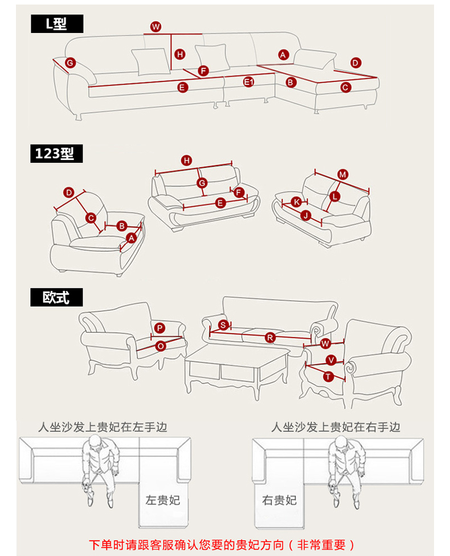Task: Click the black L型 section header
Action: click(x=57, y=24)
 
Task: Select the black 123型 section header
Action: click(x=57, y=154)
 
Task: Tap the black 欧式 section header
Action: click(x=57, y=297)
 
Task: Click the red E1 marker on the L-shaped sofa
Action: click(x=248, y=82)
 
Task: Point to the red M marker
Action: click(x=343, y=175)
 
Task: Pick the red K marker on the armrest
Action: click(x=296, y=202)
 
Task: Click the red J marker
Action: click(x=305, y=215)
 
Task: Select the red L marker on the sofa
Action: click(x=334, y=196)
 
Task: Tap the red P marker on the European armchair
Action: click(x=159, y=328)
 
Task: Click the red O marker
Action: click(x=161, y=345)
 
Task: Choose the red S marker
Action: click(x=224, y=325)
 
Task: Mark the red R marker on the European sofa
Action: click(x=270, y=337)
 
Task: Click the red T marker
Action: click(x=328, y=376)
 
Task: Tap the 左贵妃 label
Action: click(x=162, y=500)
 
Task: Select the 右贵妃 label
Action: click(x=279, y=500)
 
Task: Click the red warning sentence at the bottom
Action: click(x=224, y=545)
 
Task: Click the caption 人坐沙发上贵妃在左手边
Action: click(x=103, y=427)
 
